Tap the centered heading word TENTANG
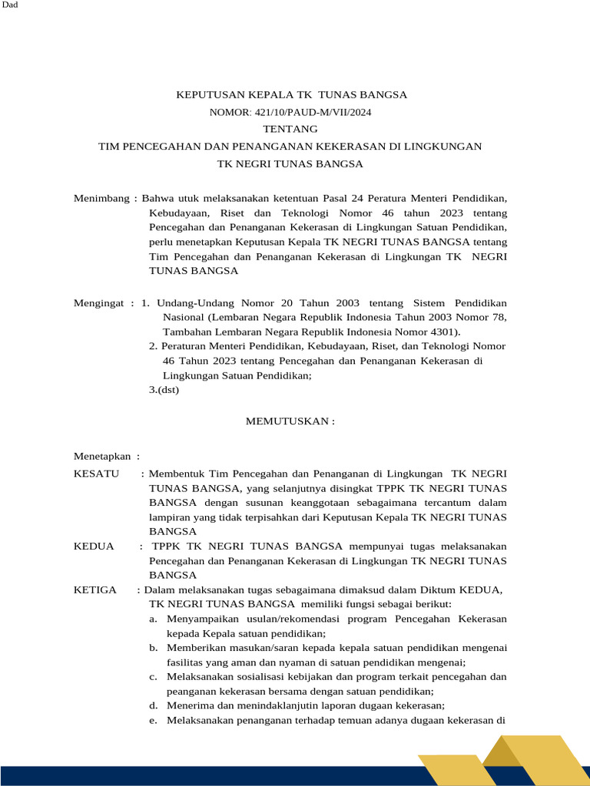(x=290, y=129)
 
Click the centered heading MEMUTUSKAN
(x=290, y=421)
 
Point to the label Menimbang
(x=101, y=198)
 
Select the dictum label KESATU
(x=96, y=474)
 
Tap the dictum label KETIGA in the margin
(x=95, y=589)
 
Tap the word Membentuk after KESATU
(x=179, y=474)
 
